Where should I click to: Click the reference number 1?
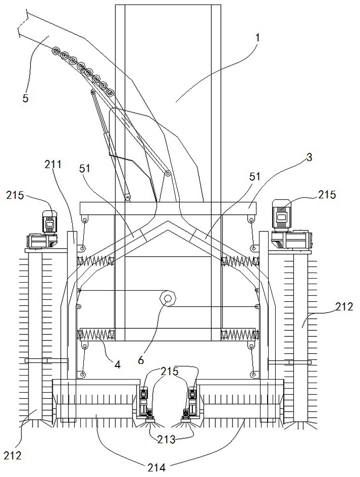coord(258,38)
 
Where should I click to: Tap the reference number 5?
coord(25,98)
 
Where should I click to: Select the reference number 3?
coord(309,157)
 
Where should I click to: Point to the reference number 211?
coord(53,164)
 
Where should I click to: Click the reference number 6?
coord(141,360)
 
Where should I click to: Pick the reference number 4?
coord(117,363)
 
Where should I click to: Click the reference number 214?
coord(156,467)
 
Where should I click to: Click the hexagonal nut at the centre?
coord(167,298)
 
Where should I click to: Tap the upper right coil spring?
coord(240,260)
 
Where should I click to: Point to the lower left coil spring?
coord(96,335)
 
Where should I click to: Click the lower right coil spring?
coord(240,334)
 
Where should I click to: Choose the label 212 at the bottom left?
coord(13,455)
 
